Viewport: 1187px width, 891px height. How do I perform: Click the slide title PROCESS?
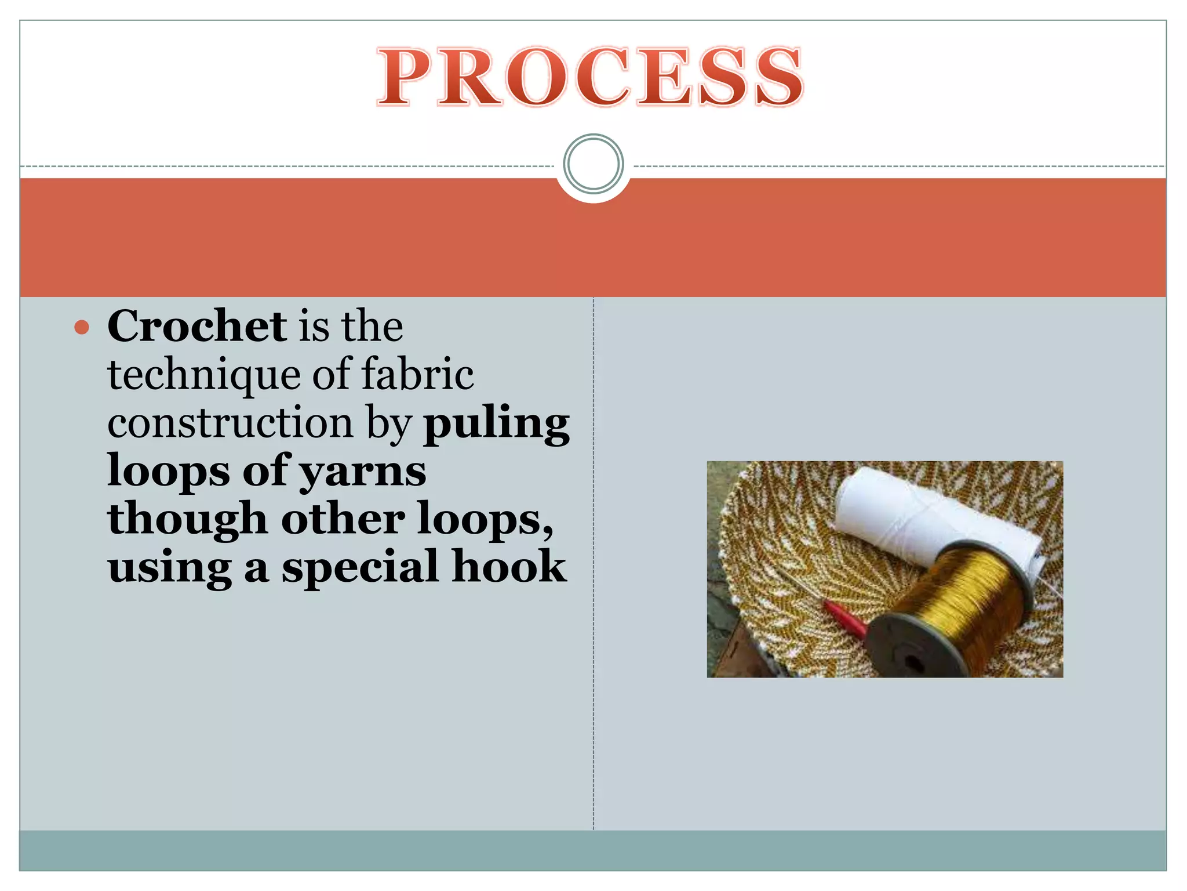[590, 77]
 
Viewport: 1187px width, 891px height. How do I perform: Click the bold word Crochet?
[196, 326]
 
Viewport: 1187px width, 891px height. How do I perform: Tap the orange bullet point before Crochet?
[82, 328]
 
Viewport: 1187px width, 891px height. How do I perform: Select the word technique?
[203, 375]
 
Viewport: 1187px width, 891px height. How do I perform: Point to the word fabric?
[417, 374]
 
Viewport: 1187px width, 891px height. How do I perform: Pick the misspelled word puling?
[497, 424]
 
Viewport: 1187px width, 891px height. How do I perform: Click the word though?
[187, 519]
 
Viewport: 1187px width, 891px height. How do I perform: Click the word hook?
[509, 566]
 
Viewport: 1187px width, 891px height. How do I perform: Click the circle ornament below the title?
[593, 164]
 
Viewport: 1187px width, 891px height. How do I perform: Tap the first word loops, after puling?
[169, 471]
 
